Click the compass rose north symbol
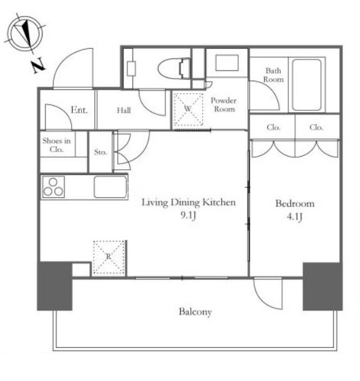click(25, 33)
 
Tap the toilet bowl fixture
click(174, 68)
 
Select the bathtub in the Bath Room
click(307, 86)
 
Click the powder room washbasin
click(227, 63)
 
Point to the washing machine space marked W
click(188, 109)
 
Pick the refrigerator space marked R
click(109, 257)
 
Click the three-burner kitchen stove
click(53, 186)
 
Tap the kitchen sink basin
click(110, 186)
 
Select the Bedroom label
click(295, 203)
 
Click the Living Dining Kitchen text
click(188, 202)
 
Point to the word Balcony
click(195, 312)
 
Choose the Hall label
click(124, 110)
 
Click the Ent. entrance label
click(79, 110)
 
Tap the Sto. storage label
click(101, 152)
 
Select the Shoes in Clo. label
click(56, 145)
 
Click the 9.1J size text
click(188, 216)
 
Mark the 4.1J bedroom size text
click(295, 217)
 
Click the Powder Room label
click(224, 105)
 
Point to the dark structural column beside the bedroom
click(323, 287)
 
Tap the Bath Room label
click(274, 75)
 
